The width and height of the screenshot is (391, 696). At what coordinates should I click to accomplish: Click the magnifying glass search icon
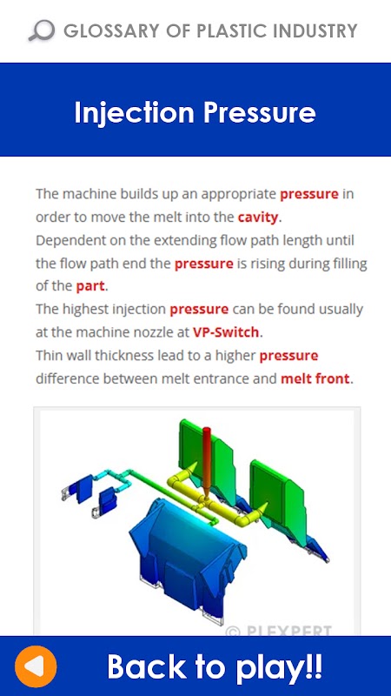[41, 31]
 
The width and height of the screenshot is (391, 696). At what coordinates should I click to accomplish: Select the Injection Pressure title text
[195, 112]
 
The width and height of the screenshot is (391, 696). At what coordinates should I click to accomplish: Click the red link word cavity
[258, 217]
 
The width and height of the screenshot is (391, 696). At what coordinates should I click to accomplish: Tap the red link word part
[90, 286]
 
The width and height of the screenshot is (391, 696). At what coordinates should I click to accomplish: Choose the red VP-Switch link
[226, 332]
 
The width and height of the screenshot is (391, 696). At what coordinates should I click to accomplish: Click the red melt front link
[315, 379]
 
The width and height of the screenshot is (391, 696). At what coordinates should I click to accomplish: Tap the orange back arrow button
[36, 666]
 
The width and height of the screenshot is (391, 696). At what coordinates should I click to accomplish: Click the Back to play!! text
[215, 666]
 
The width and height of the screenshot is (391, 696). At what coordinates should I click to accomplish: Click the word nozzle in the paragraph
[138, 332]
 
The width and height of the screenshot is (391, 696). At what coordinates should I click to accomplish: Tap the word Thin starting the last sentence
[50, 356]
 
